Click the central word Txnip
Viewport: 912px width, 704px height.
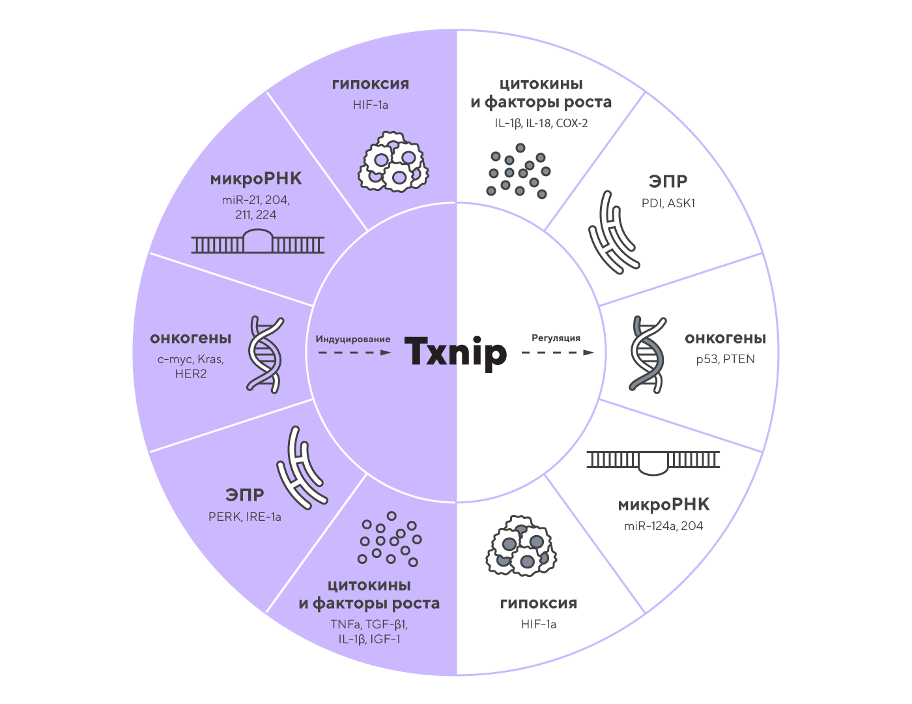pos(455,351)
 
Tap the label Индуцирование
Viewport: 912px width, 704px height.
pos(353,339)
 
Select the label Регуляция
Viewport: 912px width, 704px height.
pos(556,338)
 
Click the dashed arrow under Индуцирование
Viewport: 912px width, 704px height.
pos(354,353)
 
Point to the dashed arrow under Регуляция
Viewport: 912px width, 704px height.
pos(558,353)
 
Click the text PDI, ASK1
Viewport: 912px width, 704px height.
pos(668,203)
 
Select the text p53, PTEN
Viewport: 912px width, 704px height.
pos(725,359)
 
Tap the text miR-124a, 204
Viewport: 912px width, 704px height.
pos(663,526)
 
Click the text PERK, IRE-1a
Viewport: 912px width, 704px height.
pos(245,517)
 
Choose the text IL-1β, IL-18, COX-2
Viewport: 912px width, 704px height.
pos(541,123)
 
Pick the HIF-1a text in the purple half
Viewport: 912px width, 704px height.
pos(371,105)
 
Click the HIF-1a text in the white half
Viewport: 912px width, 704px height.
pos(539,624)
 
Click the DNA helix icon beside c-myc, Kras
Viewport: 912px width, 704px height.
pos(266,354)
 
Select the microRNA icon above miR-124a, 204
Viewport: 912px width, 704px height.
pos(653,461)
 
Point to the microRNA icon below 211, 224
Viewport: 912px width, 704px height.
pos(258,242)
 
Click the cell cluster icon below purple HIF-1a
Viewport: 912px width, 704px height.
pos(392,163)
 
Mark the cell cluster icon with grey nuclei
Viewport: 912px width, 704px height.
pos(521,546)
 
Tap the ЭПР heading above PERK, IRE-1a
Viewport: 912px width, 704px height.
pos(245,495)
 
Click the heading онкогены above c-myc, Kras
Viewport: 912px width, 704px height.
pos(191,338)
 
